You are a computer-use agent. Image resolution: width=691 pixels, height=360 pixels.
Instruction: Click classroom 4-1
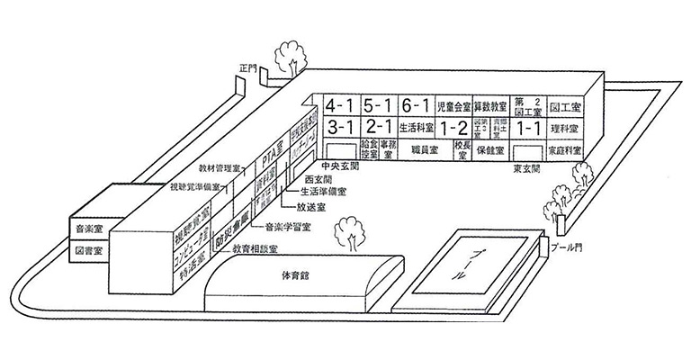pos(343,104)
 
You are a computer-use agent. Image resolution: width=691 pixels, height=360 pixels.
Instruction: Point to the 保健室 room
pos(492,148)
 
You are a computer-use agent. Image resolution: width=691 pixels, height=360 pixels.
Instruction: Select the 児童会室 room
pos(454,105)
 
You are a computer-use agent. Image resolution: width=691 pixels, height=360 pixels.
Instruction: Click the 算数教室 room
pos(492,105)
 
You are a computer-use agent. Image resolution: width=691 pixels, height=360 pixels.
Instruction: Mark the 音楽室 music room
pos(86,228)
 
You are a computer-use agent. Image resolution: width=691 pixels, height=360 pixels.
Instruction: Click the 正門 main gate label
pos(247,67)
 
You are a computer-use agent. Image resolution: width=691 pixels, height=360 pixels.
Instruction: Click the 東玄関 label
pos(525,167)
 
